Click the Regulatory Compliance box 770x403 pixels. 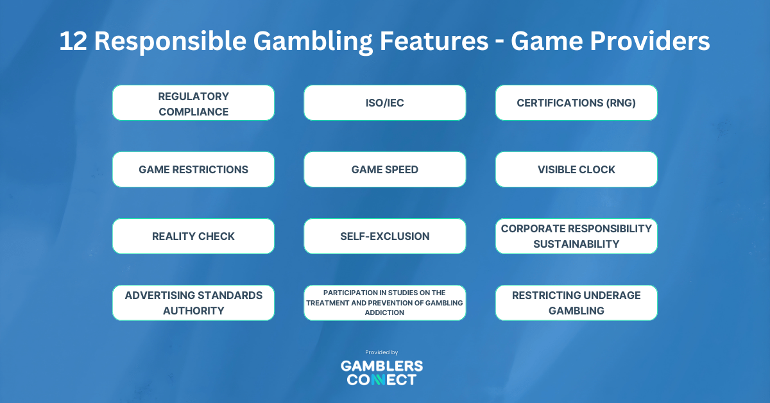pos(193,103)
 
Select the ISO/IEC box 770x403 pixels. pos(384,103)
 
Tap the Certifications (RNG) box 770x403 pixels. pos(576,103)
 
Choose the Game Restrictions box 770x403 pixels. pos(193,169)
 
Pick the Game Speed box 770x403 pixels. pos(384,169)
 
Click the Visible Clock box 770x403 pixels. pos(576,169)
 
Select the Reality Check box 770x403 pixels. pos(193,236)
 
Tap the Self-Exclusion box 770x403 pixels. pos(384,236)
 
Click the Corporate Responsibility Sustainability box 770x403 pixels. pos(576,236)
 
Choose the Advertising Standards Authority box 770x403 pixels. pos(193,303)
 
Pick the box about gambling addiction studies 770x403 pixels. pos(384,303)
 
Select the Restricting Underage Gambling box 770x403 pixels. pos(576,303)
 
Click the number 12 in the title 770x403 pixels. pos(73,41)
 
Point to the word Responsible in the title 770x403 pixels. pos(171,42)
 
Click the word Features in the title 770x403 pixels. pos(434,41)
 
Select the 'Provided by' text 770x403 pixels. pos(382,352)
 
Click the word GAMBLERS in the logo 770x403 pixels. pos(382,366)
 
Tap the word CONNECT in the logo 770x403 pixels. pos(382,380)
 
